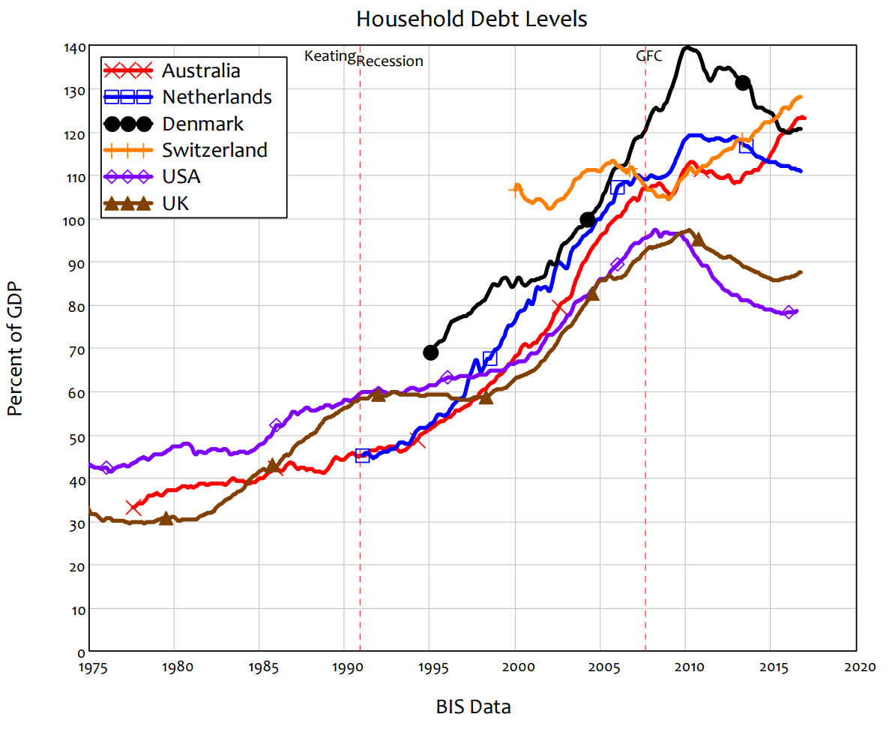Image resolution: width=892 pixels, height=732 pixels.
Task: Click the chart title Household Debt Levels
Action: (x=471, y=19)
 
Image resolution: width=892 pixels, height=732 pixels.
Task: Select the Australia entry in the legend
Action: (x=201, y=70)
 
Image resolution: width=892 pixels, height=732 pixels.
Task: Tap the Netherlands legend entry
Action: (x=217, y=97)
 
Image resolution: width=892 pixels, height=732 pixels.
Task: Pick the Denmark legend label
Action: (x=202, y=123)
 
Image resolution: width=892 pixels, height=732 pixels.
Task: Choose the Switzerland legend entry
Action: (x=214, y=150)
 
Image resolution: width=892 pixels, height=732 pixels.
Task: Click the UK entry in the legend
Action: (x=175, y=202)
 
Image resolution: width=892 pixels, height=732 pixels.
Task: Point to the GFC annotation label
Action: (x=649, y=56)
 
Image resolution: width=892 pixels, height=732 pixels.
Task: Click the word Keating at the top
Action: (x=330, y=55)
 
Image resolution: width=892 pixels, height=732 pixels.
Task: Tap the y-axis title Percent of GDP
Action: (x=15, y=349)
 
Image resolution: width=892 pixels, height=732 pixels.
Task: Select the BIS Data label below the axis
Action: (x=473, y=706)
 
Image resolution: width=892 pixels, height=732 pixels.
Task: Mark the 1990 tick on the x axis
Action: (x=344, y=665)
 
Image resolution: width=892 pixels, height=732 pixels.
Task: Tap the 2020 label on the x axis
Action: (x=856, y=665)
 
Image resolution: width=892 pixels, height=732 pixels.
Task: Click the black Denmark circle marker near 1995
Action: (x=430, y=352)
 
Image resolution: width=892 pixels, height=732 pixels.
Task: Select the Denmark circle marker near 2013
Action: (x=743, y=82)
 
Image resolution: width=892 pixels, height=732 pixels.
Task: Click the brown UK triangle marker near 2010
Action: (x=698, y=239)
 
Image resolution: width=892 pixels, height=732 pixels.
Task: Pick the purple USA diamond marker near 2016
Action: (x=789, y=311)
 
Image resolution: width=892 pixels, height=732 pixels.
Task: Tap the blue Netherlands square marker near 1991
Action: (x=362, y=455)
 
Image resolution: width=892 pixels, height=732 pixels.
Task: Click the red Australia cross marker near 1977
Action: (x=133, y=507)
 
